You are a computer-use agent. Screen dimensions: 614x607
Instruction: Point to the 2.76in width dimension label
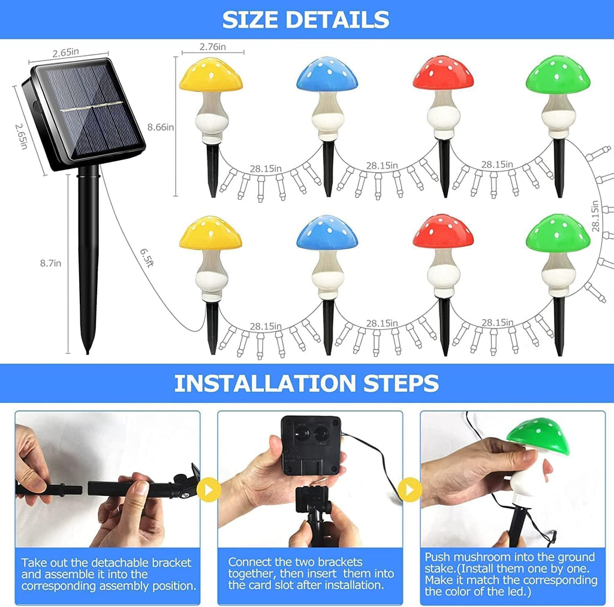click(213, 47)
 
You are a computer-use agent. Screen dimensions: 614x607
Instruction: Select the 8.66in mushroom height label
click(161, 127)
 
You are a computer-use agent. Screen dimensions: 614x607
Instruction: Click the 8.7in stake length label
click(50, 263)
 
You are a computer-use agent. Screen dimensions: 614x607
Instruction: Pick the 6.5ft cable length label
click(146, 257)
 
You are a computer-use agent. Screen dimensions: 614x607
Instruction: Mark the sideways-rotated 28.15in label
click(595, 216)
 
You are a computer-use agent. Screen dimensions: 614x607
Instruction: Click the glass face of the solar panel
click(89, 110)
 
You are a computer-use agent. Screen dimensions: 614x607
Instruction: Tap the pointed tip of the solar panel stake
click(88, 353)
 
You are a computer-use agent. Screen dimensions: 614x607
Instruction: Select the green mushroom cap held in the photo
click(537, 434)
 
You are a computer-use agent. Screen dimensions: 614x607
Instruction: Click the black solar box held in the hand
click(311, 445)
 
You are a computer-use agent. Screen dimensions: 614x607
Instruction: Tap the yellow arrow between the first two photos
click(209, 489)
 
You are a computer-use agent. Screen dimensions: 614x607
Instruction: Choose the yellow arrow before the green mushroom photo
click(410, 489)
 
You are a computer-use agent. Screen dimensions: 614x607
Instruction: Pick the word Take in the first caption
click(33, 563)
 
